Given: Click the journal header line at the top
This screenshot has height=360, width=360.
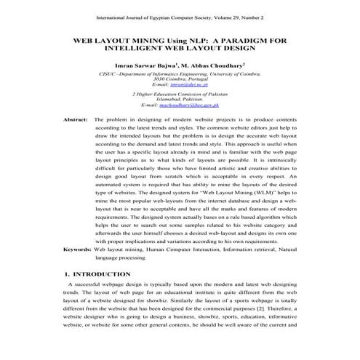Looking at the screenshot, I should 179,16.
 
